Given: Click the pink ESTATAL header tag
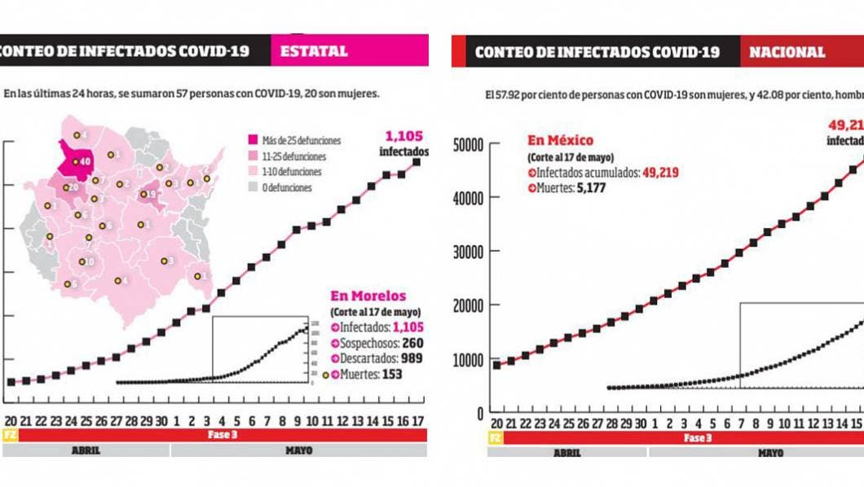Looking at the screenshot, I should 349,50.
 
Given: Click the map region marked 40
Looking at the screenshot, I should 79,160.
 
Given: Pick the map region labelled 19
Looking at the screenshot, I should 150,195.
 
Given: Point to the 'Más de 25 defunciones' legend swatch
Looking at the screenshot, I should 253,141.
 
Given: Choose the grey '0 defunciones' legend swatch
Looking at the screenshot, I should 253,187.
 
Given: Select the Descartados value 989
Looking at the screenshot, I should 408,358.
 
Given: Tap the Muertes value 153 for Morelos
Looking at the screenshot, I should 394,375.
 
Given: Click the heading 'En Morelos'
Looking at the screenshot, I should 368,296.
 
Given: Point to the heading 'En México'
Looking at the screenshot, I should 561,141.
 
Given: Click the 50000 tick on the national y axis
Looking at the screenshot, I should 467,145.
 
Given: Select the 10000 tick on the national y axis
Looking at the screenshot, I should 467,360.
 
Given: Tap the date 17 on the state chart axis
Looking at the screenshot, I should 417,420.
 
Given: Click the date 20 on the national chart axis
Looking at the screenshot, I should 496,423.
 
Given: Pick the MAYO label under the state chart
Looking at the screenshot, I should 298,450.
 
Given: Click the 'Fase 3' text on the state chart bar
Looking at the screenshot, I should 221,436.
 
